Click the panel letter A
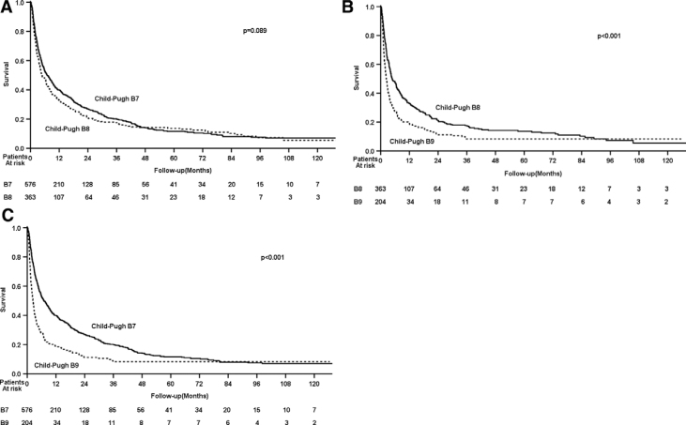(7, 8)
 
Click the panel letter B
(347, 8)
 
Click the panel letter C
(7, 215)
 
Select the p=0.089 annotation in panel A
(254, 31)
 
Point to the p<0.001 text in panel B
(608, 36)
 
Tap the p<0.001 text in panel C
(272, 258)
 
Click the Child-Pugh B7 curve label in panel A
(116, 99)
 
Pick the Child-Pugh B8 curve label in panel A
(68, 129)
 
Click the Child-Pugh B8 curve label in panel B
(458, 108)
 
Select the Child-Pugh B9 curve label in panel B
(412, 142)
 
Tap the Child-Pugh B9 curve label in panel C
(56, 365)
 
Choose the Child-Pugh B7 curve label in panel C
(114, 326)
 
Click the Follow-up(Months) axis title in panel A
(183, 170)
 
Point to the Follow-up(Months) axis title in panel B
(533, 174)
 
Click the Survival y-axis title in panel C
(4, 299)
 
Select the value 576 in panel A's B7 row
(30, 185)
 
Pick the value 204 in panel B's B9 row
(380, 202)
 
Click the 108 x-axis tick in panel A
(289, 158)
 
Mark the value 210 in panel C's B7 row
(55, 410)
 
